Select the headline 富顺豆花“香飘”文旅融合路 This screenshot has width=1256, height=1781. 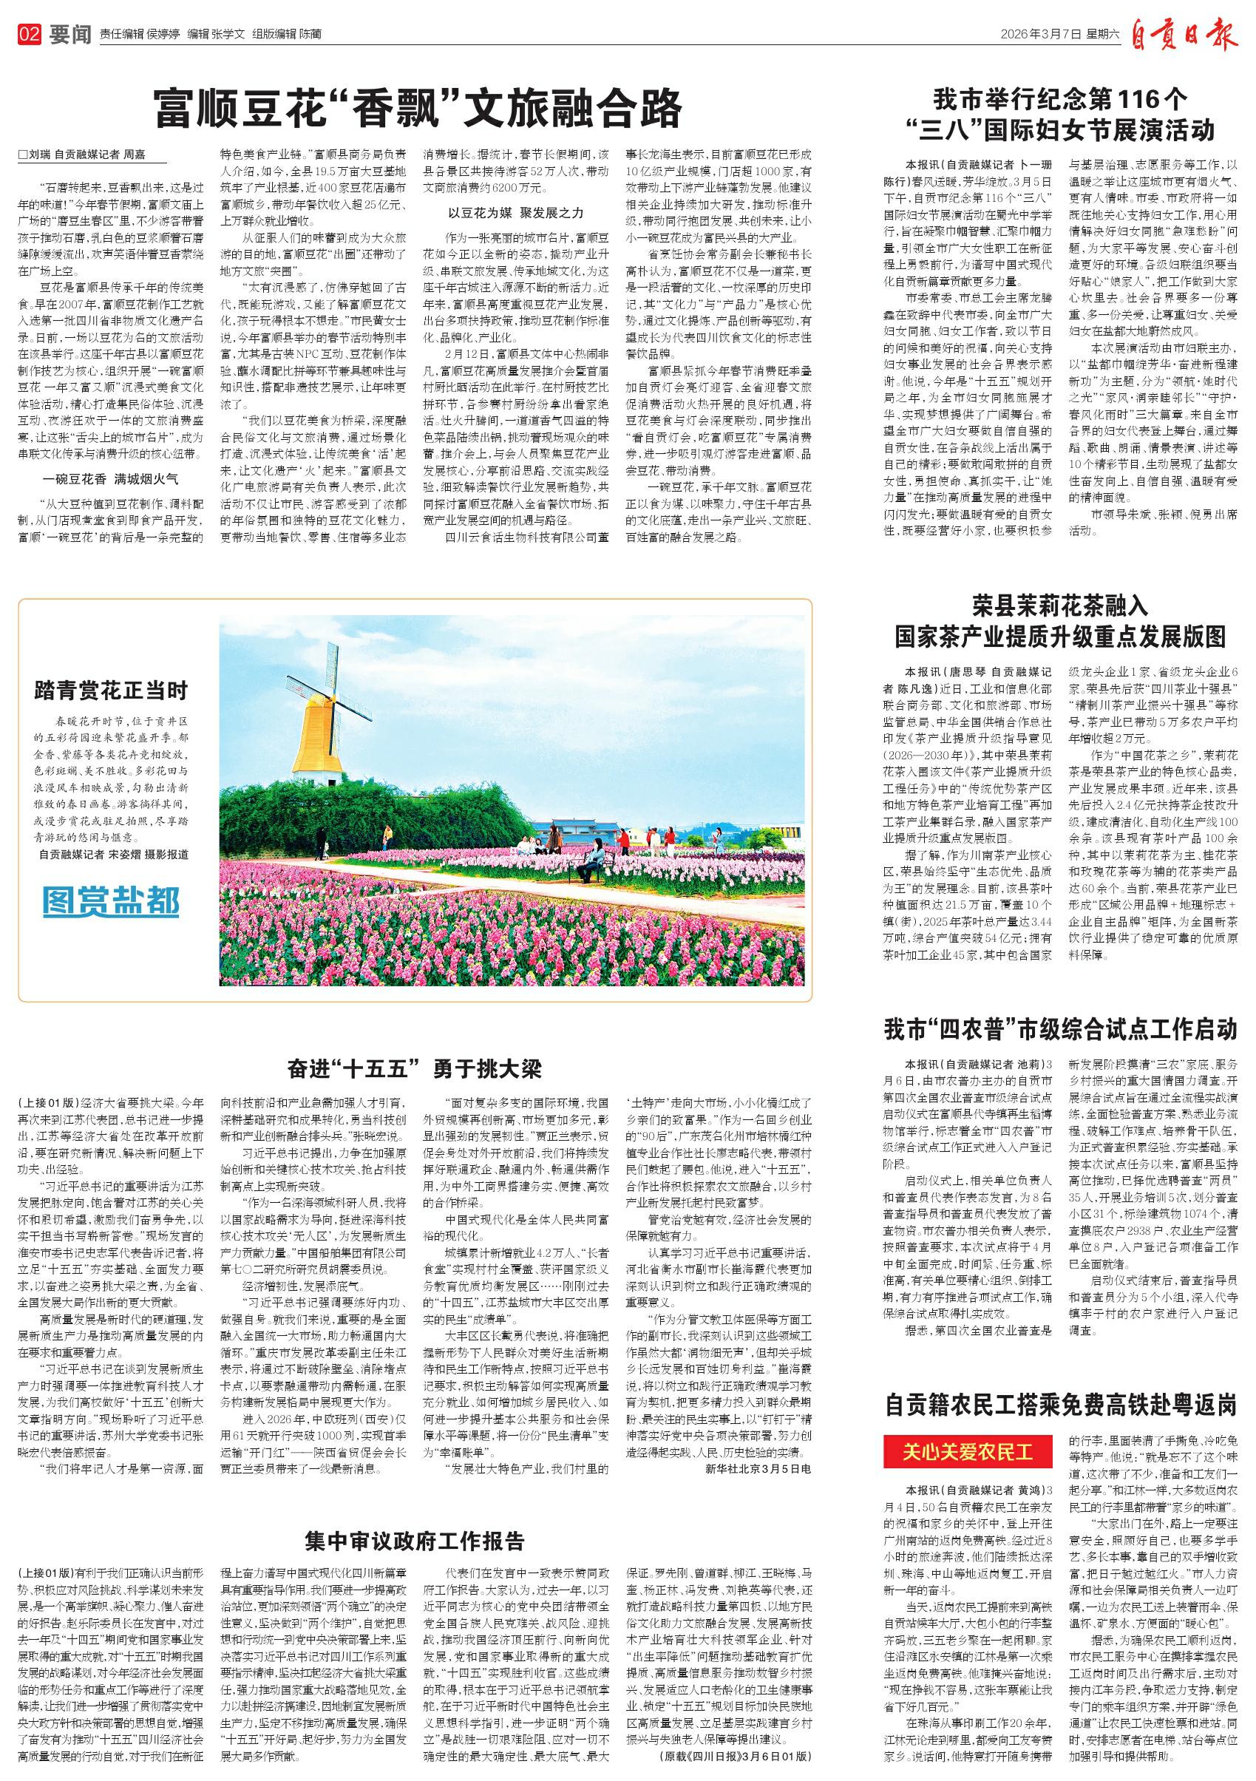pyautogui.click(x=417, y=108)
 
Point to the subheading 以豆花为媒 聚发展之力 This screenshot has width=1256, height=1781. pyautogui.click(x=515, y=212)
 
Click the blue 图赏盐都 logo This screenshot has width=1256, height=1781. pyautogui.click(x=111, y=901)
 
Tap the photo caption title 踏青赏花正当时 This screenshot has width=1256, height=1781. pyautogui.click(x=111, y=689)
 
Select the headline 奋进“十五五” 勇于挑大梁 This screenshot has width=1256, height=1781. pyautogui.click(x=414, y=1069)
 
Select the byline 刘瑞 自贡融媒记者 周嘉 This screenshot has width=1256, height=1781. pyautogui.click(x=81, y=155)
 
